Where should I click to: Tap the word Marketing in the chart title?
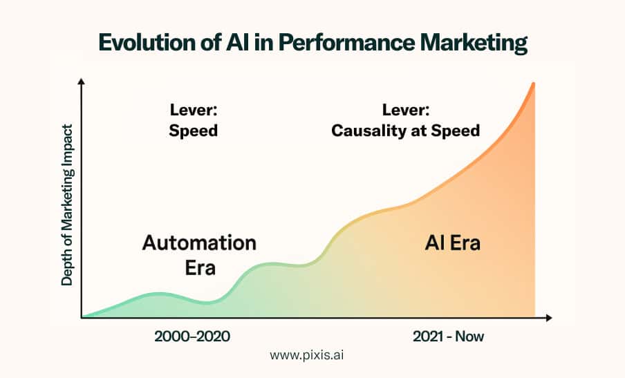(474, 44)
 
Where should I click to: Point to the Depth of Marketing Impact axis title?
(67, 205)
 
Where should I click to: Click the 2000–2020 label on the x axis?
(192, 337)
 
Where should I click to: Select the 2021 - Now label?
(448, 337)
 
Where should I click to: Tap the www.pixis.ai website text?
(306, 355)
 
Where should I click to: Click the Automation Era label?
(199, 255)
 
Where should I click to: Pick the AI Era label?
(452, 243)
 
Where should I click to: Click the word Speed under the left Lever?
(194, 131)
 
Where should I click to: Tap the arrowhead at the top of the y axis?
(82, 82)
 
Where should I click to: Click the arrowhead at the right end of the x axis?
(548, 317)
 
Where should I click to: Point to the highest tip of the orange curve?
(533, 83)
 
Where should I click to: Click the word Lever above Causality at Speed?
(406, 110)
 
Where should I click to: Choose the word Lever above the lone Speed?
(194, 110)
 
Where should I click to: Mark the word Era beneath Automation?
(200, 267)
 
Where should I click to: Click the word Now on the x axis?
(469, 337)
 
